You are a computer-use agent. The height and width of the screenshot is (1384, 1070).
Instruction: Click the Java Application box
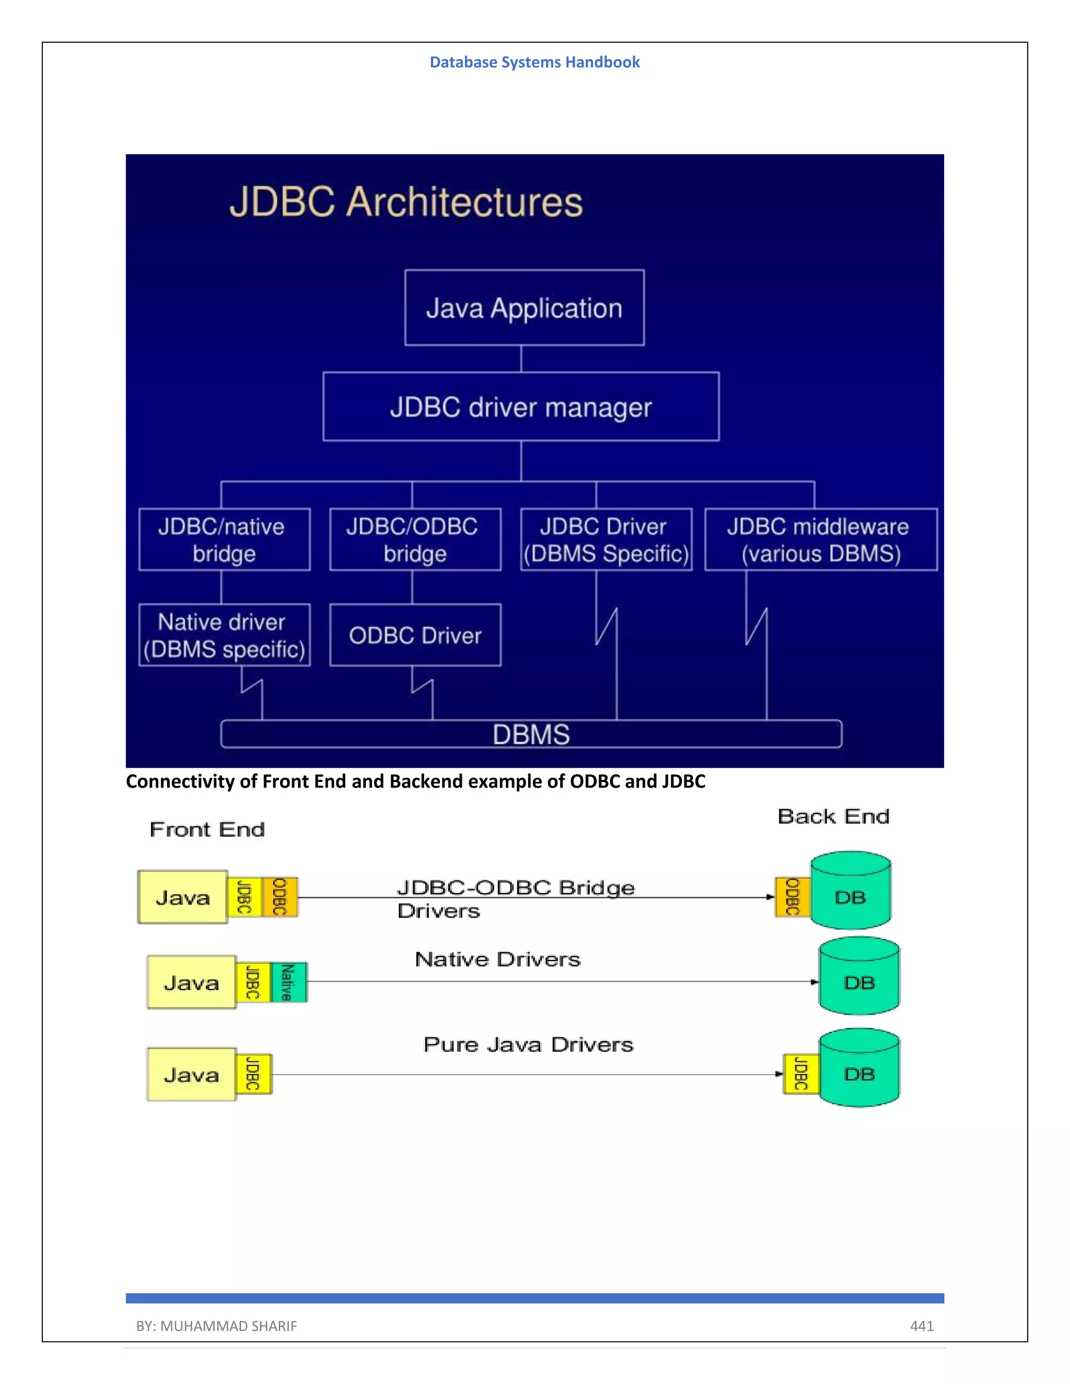tap(524, 308)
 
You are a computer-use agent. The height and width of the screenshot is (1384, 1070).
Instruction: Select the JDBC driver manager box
tap(520, 407)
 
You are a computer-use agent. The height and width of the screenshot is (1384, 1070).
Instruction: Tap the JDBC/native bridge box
tap(224, 539)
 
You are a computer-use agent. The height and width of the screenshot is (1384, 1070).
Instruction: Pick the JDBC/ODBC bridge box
tap(415, 539)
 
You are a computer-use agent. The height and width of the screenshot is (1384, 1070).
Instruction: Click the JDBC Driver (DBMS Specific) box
tap(606, 539)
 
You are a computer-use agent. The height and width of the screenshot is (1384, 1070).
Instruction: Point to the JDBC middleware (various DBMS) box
tap(821, 539)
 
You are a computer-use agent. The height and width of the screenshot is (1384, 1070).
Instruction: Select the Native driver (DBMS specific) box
tap(224, 635)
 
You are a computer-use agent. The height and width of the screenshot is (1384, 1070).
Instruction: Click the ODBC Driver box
tap(415, 635)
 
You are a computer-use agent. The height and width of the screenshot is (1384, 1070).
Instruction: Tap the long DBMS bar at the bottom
tap(531, 734)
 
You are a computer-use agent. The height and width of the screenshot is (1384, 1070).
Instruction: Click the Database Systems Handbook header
tap(534, 62)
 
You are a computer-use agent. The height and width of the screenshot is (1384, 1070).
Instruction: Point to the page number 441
tap(922, 1326)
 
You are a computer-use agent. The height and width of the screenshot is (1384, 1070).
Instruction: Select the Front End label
tap(207, 829)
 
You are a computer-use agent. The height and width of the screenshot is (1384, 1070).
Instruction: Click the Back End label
tap(833, 816)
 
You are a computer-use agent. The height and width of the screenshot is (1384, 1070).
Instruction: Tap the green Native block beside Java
tap(289, 982)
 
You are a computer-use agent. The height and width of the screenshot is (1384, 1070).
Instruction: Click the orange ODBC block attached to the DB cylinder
tap(793, 897)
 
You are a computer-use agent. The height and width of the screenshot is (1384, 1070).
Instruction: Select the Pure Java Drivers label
tap(528, 1045)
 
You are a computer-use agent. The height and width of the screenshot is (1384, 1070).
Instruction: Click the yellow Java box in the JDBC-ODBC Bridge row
tap(182, 897)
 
